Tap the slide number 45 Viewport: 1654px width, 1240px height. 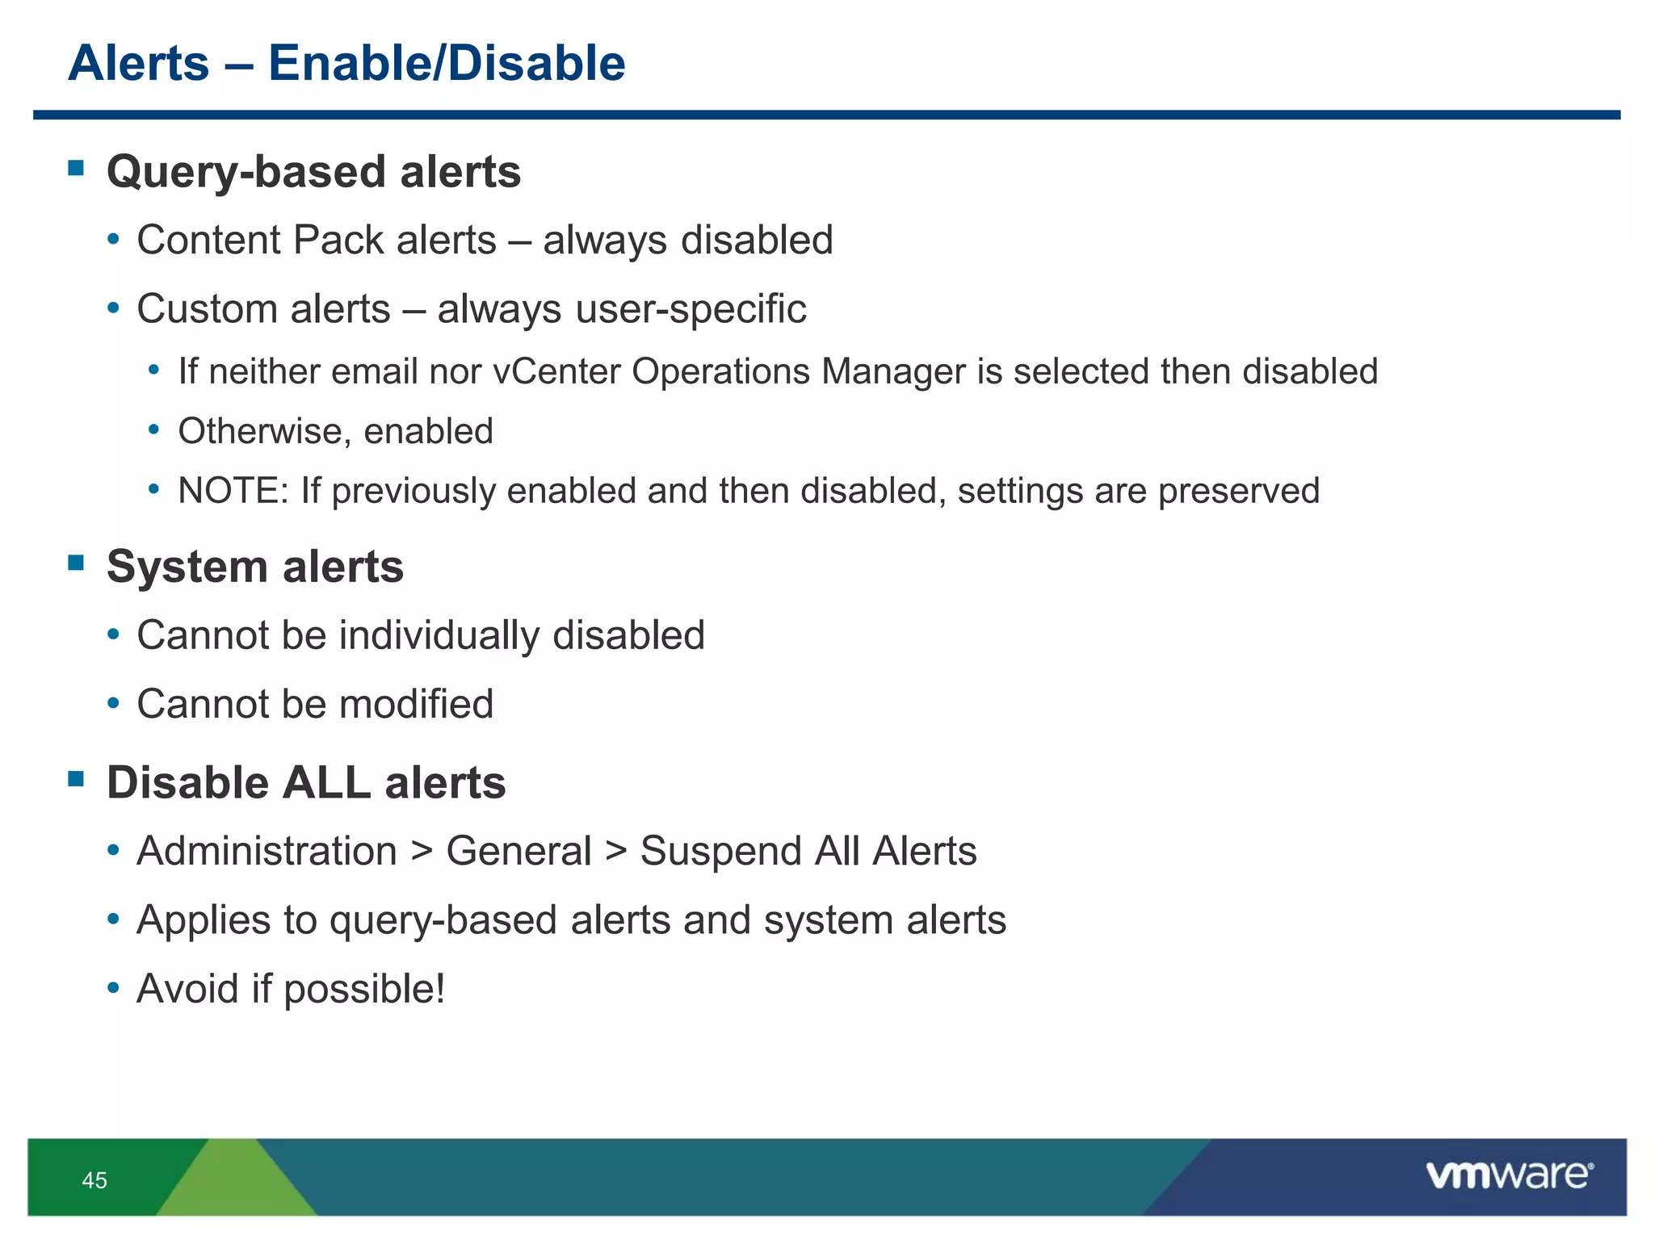click(x=94, y=1180)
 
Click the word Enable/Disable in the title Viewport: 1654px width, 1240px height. click(x=447, y=63)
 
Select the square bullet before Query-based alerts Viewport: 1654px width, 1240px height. click(x=77, y=168)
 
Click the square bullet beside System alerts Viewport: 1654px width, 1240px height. click(x=77, y=563)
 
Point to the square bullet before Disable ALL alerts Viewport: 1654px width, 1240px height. click(x=77, y=779)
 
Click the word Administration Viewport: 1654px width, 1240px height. click(x=267, y=852)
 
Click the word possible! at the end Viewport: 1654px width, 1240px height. click(x=364, y=990)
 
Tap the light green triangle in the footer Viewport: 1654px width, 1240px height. click(x=235, y=1183)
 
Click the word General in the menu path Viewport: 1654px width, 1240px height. click(x=519, y=852)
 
